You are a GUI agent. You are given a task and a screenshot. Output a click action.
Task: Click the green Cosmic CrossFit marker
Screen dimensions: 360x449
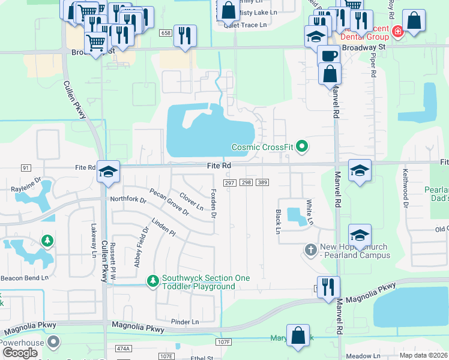(x=303, y=146)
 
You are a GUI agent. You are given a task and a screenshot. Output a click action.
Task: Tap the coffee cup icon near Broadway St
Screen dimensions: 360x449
(x=328, y=56)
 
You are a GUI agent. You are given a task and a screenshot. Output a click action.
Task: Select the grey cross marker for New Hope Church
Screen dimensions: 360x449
(x=310, y=249)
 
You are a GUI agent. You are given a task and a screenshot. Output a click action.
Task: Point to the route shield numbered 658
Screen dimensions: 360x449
(x=166, y=33)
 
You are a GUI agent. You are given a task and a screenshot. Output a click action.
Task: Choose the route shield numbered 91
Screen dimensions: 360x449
(x=25, y=167)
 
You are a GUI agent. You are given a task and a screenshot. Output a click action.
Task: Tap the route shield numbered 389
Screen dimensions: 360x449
(x=262, y=182)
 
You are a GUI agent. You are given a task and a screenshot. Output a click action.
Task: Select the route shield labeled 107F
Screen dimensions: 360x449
(x=223, y=342)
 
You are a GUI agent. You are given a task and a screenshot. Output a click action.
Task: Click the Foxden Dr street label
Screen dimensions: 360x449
(x=213, y=203)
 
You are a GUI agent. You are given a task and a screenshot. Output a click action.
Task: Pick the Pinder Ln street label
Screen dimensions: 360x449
(x=184, y=322)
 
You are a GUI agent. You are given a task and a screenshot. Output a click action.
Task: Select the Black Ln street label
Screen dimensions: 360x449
(x=278, y=221)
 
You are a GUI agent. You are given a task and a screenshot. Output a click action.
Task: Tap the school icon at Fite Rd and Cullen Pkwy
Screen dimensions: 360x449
(x=109, y=172)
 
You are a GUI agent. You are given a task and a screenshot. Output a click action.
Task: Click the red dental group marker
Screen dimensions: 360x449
(x=397, y=31)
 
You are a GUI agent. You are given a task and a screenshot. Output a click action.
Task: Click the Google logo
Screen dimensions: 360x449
(x=20, y=352)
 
